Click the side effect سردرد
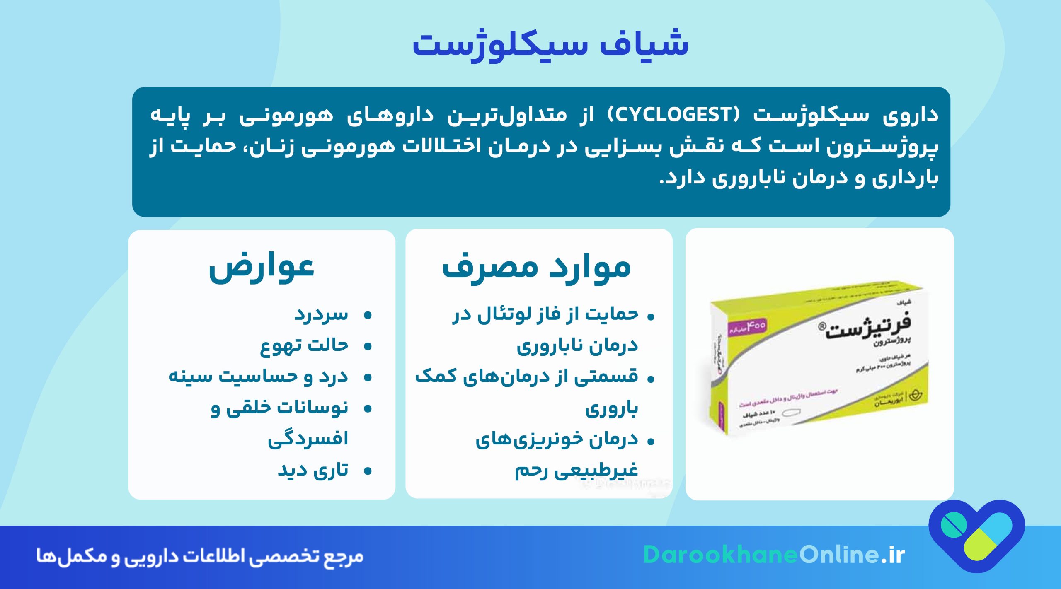[x=321, y=315]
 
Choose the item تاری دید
[x=313, y=471]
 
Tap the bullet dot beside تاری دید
[x=367, y=471]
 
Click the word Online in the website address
[x=839, y=555]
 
